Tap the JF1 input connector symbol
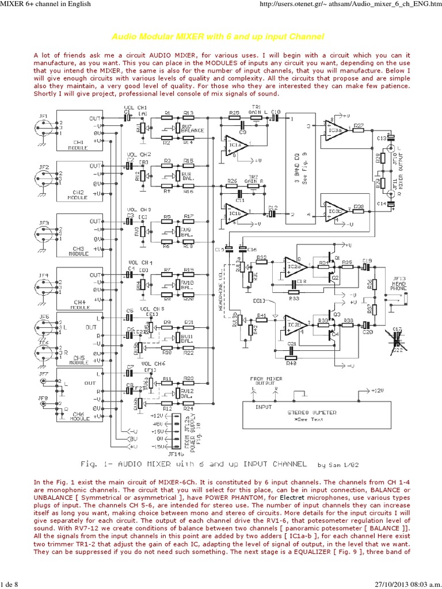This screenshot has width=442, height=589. (x=44, y=128)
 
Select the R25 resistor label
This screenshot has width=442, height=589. (x=234, y=112)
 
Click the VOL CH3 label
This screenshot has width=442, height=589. (x=138, y=209)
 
